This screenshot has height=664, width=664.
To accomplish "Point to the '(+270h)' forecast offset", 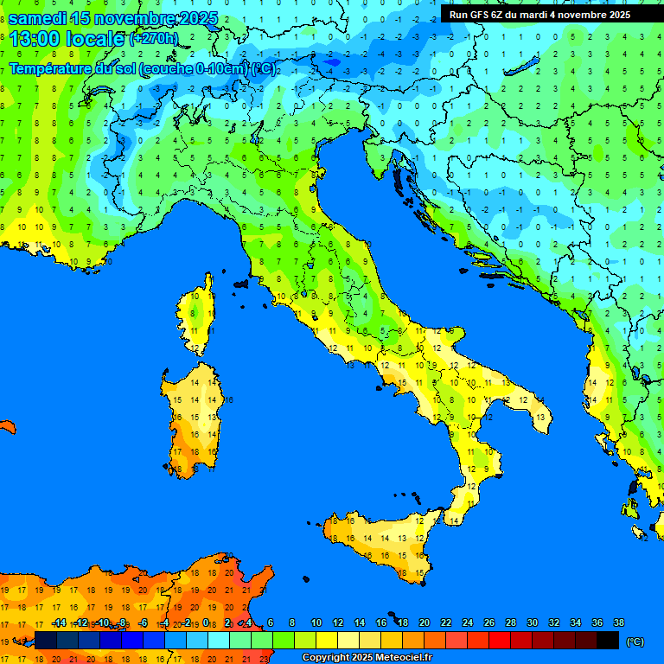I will [x=153, y=39].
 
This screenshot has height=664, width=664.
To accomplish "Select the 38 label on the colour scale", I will [x=618, y=623].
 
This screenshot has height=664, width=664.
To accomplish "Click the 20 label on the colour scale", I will [x=424, y=623].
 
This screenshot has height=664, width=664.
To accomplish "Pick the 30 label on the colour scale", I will [x=532, y=623].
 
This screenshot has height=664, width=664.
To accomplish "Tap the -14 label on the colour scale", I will [x=59, y=623].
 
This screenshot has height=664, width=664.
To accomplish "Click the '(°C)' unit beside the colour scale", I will [x=635, y=642].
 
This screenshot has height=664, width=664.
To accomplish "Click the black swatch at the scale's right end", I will [x=608, y=641].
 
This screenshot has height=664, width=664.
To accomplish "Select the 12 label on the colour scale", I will [x=338, y=623].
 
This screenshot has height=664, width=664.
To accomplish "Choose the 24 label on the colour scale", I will [x=467, y=623].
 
